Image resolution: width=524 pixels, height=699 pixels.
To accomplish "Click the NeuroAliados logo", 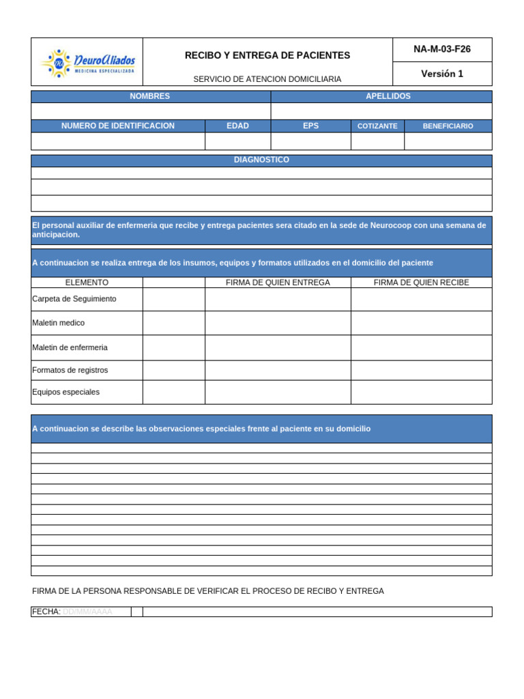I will (88, 63).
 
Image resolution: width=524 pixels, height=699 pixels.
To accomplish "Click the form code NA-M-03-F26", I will (441, 49).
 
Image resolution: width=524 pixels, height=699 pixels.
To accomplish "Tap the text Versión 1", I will (441, 74).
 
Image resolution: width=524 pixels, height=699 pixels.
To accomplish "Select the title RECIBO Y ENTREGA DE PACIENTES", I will (267, 55).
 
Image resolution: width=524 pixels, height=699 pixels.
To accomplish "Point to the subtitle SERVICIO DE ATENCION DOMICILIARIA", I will (267, 80).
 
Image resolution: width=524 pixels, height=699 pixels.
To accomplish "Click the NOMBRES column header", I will (150, 97).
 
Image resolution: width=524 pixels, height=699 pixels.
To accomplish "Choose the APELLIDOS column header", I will (388, 97).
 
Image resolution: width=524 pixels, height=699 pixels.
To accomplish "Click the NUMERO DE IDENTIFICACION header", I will (118, 126).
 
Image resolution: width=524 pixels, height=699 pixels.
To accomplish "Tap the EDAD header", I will (237, 126).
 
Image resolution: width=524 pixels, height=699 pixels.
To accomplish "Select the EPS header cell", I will (310, 126).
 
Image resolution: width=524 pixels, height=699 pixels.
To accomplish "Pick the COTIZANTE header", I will (377, 126).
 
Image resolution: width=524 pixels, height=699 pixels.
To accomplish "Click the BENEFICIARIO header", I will (448, 126).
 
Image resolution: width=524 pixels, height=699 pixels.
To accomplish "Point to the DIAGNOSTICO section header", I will (261, 160).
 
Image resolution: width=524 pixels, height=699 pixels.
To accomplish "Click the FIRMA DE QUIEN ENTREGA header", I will (278, 283).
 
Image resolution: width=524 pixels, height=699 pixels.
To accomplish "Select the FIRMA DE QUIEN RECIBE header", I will (421, 283).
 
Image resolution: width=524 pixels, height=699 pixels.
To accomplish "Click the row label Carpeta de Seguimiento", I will (74, 299).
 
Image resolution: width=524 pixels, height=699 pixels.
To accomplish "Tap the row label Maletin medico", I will (59, 323).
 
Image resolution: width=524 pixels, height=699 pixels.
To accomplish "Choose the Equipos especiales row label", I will (65, 392).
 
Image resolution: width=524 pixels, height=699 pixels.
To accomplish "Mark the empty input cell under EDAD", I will (237, 141).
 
